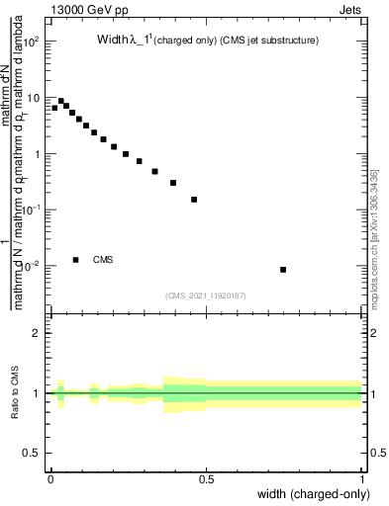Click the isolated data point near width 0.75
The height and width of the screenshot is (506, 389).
pos(283,270)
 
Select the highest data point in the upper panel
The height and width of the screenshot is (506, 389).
pos(61,101)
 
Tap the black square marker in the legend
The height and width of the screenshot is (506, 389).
pos(75,260)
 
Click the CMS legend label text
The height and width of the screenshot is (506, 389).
pos(103,260)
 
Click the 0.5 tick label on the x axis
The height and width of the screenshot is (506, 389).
pos(207,478)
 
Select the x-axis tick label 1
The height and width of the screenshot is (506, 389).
pos(363,478)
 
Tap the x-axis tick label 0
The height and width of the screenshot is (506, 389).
pos(50,478)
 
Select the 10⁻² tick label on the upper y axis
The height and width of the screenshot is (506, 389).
pos(33,266)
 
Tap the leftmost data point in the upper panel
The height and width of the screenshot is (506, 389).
pos(54,108)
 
